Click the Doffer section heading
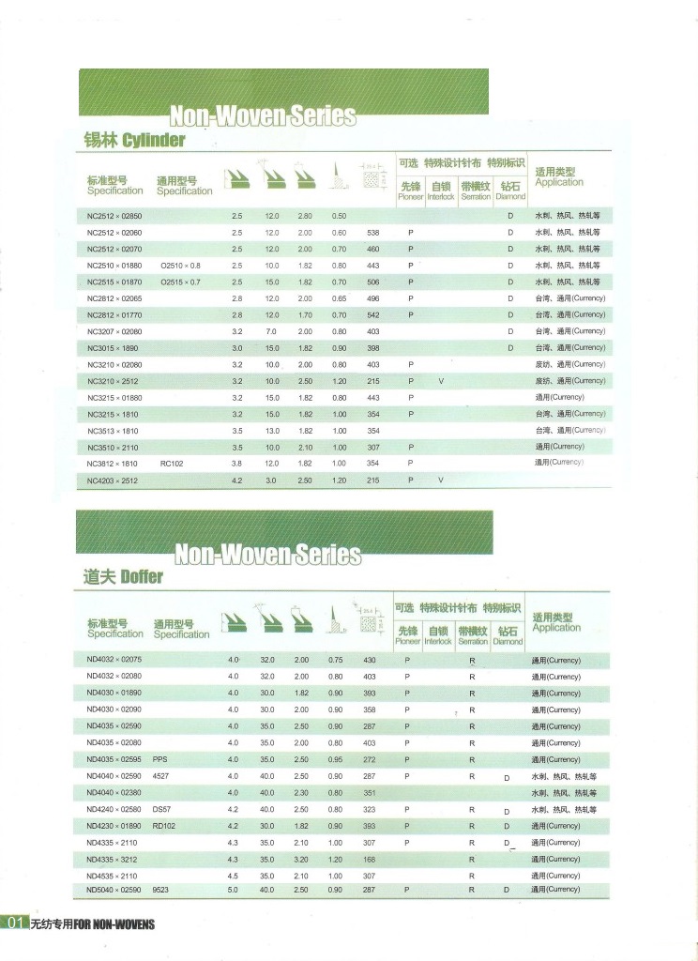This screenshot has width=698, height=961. (x=123, y=576)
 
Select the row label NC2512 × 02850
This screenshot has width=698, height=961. (x=114, y=215)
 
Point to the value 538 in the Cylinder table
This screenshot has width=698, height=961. (x=372, y=232)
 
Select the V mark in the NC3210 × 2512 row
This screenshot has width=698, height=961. (x=440, y=381)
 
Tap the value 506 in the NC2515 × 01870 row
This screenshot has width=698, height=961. (x=372, y=282)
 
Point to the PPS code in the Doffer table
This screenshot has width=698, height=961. (x=159, y=759)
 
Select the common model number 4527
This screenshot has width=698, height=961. (x=160, y=776)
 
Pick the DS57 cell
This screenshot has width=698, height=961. (x=162, y=809)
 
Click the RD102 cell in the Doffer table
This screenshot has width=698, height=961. (x=164, y=826)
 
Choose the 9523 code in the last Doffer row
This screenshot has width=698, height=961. (x=160, y=889)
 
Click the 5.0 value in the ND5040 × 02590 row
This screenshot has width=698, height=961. (x=234, y=889)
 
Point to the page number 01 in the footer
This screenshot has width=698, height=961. (x=14, y=923)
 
